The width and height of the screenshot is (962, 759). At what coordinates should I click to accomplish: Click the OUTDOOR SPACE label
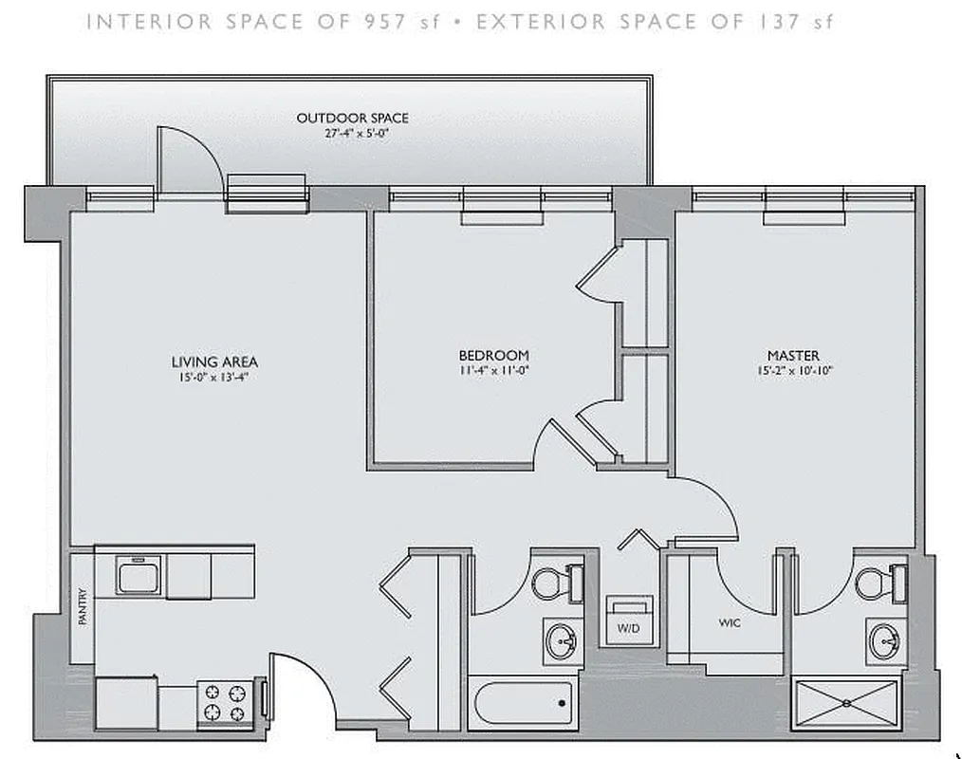tap(352, 118)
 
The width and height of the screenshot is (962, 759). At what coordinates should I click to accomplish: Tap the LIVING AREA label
tap(214, 361)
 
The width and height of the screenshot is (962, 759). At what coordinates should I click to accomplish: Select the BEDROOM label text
tap(493, 356)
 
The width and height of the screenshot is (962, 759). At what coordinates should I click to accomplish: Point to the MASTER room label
tap(794, 356)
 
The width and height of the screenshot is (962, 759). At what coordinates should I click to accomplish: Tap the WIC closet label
tap(730, 624)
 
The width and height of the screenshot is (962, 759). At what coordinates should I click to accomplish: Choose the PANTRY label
tap(83, 607)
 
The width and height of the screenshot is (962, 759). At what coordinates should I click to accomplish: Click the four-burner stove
tap(225, 703)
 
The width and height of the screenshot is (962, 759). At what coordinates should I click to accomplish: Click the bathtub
tap(523, 703)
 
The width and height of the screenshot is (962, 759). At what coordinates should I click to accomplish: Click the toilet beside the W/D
tap(554, 583)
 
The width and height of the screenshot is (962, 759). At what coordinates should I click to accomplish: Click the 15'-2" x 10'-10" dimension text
tap(794, 371)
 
